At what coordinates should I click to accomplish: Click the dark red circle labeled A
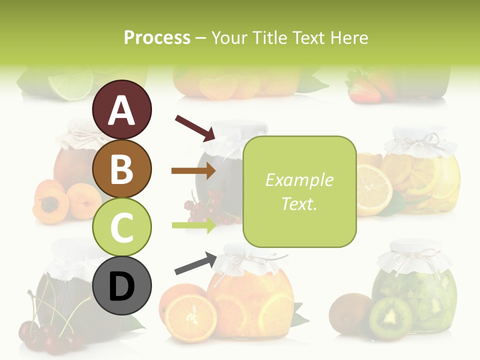pyautogui.click(x=122, y=109)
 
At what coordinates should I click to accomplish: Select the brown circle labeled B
pyautogui.click(x=122, y=168)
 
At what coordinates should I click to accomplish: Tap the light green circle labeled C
pyautogui.click(x=122, y=227)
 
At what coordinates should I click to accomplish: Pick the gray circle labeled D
pyautogui.click(x=122, y=285)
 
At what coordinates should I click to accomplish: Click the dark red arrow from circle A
pyautogui.click(x=195, y=127)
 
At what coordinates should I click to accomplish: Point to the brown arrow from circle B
pyautogui.click(x=193, y=171)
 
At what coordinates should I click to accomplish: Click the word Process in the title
pyautogui.click(x=157, y=38)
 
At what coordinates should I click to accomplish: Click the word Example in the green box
pyautogui.click(x=299, y=180)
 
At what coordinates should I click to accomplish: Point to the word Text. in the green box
pyautogui.click(x=299, y=203)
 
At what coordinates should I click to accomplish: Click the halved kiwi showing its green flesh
pyautogui.click(x=390, y=317)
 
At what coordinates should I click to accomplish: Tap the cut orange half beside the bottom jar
pyautogui.click(x=190, y=317)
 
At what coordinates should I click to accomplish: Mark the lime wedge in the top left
pyautogui.click(x=71, y=82)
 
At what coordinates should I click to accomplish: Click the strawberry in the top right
pyautogui.click(x=364, y=90)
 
